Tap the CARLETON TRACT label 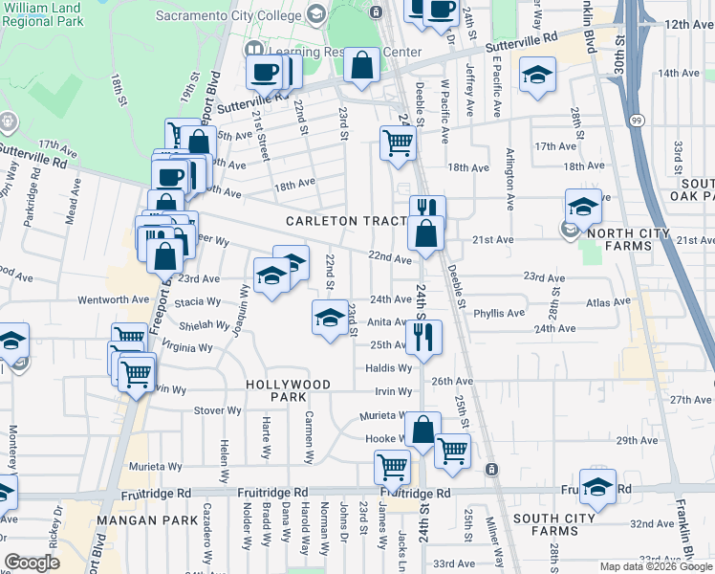click(347, 221)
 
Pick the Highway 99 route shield click(637, 120)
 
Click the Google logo click(32, 563)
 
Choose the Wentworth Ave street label click(114, 299)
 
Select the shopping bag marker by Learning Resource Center click(362, 67)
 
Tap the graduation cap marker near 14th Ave click(538, 75)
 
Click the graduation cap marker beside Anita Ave click(329, 317)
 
